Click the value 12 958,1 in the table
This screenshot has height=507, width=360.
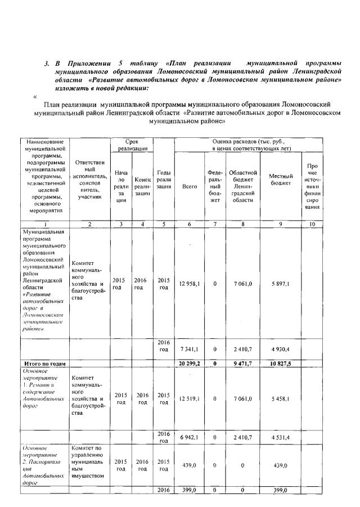click(190, 284)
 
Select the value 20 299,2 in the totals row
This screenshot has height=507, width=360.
click(190, 364)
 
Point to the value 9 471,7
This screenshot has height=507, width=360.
click(243, 364)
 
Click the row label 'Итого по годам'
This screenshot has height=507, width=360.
click(43, 364)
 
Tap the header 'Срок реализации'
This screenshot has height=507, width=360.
click(132, 144)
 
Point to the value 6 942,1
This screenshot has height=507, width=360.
click(190, 437)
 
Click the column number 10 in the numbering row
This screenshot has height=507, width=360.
click(313, 224)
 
